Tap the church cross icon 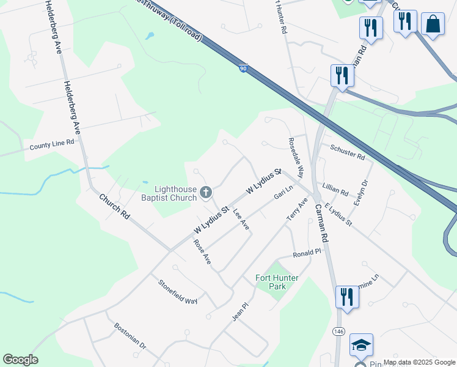click(206, 193)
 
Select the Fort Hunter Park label click(277, 282)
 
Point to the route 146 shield click(339, 331)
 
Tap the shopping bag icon click(433, 24)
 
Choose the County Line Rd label click(52, 145)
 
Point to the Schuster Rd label click(347, 152)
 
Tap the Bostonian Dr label click(130, 336)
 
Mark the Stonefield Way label click(178, 292)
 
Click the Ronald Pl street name click(307, 253)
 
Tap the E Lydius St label click(338, 215)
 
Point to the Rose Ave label click(202, 251)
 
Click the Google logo click(20, 360)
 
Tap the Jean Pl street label click(239, 314)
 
